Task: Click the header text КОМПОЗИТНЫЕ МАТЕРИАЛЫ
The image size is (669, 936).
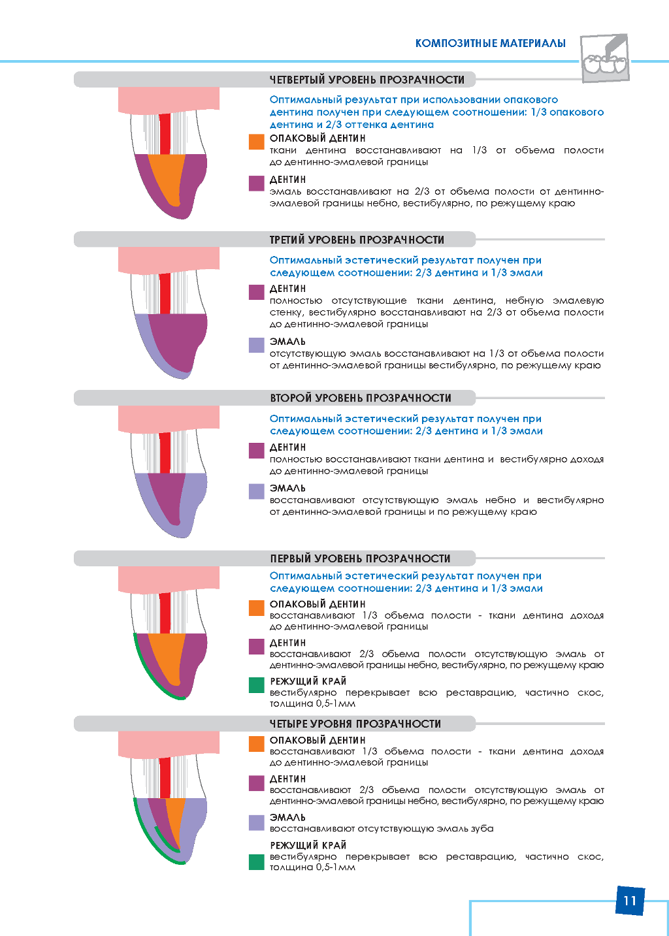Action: pos(491,43)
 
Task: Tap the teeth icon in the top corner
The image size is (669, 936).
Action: pos(604,57)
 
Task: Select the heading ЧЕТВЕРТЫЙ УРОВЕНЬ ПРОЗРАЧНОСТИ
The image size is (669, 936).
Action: pos(367,80)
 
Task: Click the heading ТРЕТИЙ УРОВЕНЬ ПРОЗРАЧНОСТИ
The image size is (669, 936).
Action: pos(357,240)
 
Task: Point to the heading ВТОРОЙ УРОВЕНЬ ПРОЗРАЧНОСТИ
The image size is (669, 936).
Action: pos(361,398)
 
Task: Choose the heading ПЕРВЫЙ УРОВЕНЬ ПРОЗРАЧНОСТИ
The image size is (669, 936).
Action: pos(360,558)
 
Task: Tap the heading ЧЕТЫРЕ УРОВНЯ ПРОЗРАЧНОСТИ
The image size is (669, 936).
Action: pos(355,723)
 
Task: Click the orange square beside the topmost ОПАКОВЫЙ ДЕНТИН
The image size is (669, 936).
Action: pos(257,142)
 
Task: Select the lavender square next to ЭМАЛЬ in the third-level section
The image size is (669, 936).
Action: pos(257,345)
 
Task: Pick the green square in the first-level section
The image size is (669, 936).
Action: pos(257,685)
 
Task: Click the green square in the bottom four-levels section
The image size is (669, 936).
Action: pos(257,862)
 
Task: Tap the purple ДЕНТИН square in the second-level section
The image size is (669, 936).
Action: pos(257,451)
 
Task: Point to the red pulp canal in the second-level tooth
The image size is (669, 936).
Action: pos(165,453)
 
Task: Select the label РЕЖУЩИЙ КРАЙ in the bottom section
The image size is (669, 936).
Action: pos(308,845)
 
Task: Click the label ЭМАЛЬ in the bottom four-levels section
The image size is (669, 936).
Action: pos(287,817)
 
